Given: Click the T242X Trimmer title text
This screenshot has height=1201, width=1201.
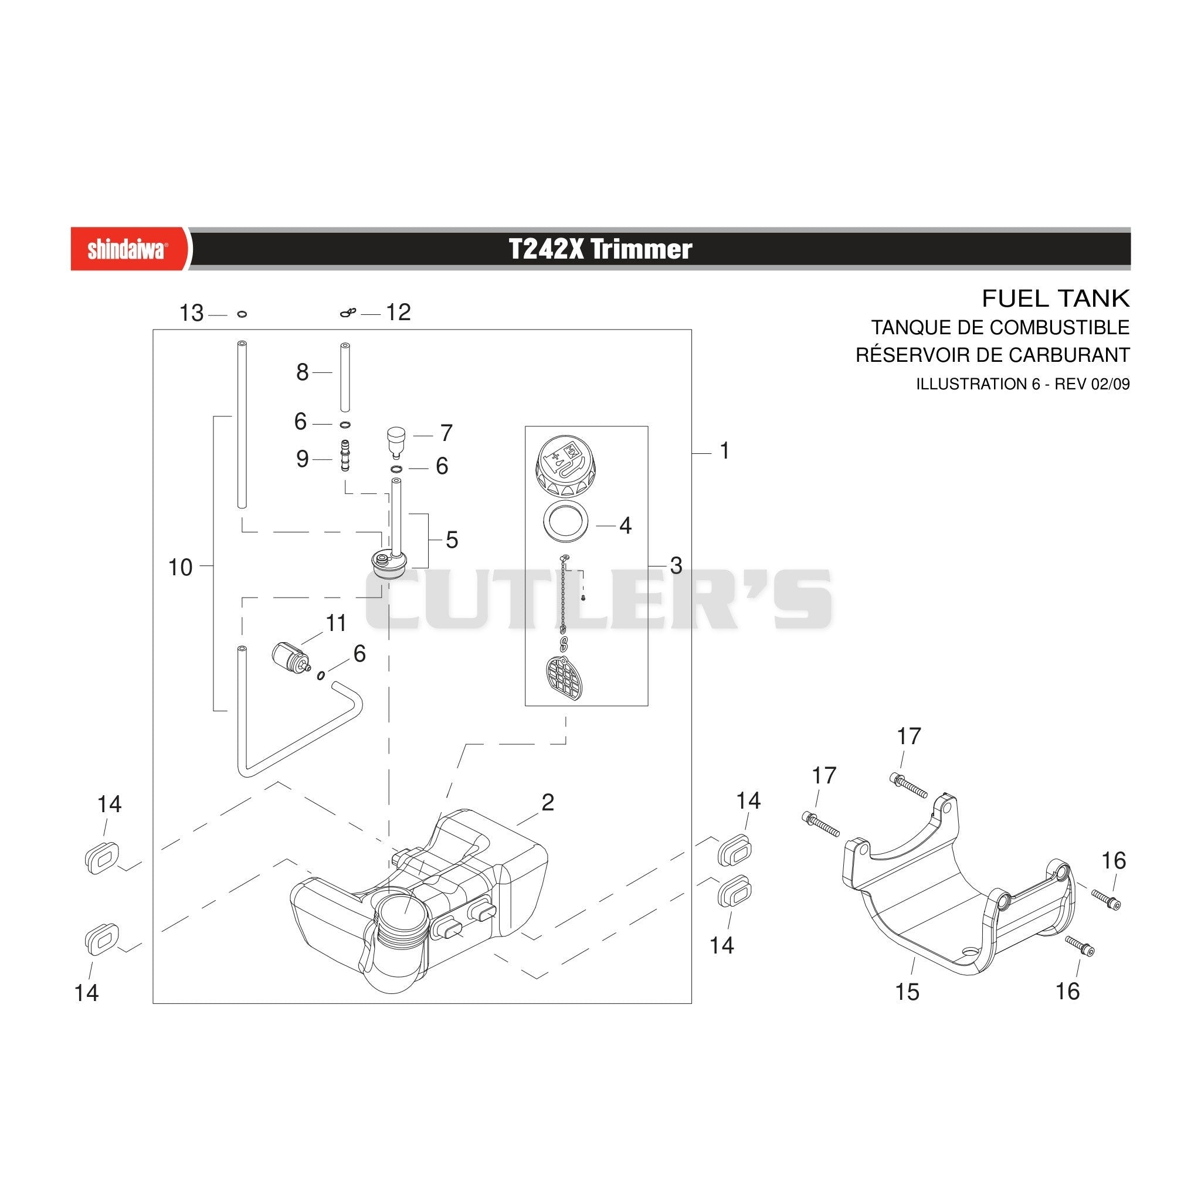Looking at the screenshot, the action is pyautogui.click(x=600, y=249).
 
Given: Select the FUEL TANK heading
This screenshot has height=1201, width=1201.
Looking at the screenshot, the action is pyautogui.click(x=1055, y=299).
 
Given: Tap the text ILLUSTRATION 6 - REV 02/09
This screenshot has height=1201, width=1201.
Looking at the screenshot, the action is pyautogui.click(x=1023, y=384).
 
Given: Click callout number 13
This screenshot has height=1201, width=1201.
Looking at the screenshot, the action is pyautogui.click(x=191, y=313).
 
